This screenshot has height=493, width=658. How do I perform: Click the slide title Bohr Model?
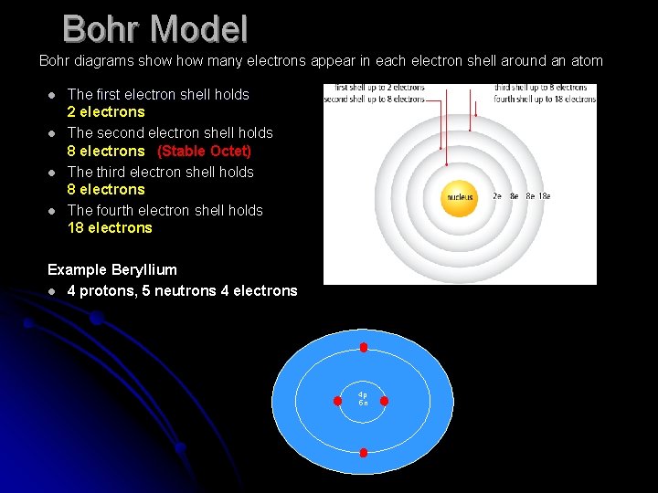(155, 29)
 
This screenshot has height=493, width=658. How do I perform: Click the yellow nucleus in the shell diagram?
(459, 197)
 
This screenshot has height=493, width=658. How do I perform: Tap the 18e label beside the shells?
(544, 196)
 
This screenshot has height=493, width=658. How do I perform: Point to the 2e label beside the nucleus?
(498, 196)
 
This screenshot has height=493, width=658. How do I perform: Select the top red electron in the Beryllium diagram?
(364, 348)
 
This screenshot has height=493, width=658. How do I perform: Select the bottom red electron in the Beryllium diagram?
(364, 453)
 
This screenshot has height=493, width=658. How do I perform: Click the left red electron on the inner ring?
(343, 401)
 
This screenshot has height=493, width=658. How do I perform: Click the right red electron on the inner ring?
(384, 401)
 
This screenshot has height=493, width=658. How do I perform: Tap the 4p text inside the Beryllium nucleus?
(363, 395)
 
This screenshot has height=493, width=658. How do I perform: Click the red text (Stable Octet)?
(204, 151)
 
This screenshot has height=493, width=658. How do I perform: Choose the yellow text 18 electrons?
(110, 227)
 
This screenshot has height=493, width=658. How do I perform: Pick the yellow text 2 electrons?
(106, 111)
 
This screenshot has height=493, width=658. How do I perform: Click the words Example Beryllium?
(112, 269)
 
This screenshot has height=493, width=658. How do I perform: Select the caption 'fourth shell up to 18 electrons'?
(545, 99)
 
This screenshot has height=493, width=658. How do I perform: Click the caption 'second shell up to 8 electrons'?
(375, 99)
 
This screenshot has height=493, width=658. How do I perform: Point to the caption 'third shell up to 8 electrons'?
(545, 89)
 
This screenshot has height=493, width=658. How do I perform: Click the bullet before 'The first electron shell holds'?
(53, 95)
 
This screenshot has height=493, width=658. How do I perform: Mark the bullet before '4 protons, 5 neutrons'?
(53, 291)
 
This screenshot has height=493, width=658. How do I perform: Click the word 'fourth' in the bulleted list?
(115, 210)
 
